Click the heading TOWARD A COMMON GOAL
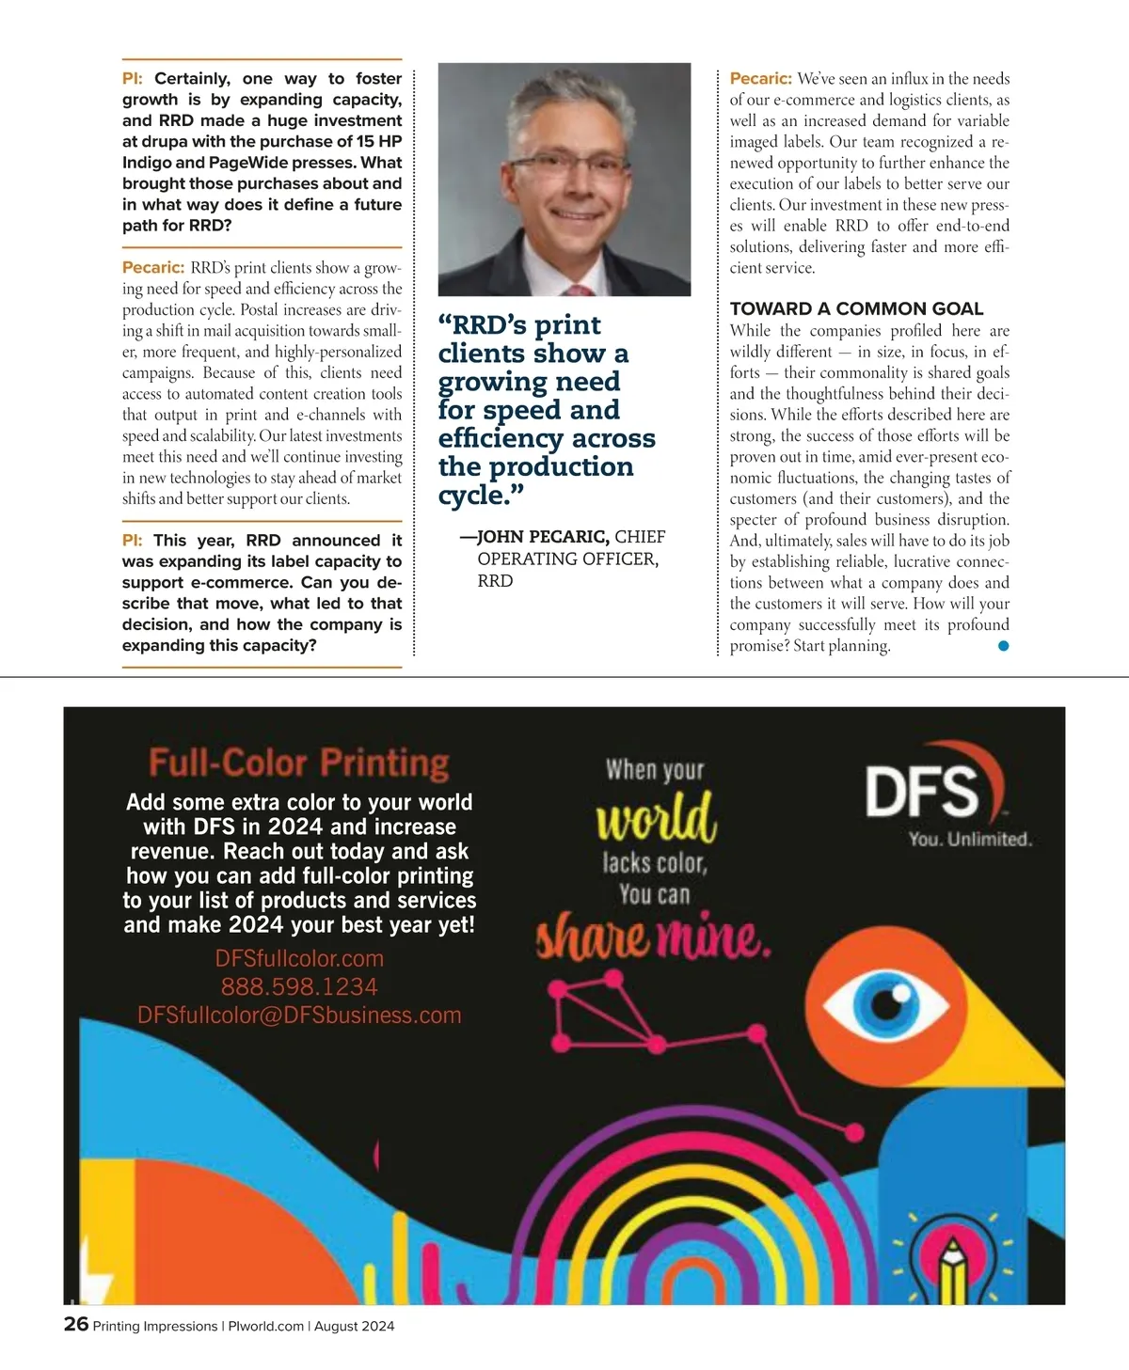click(856, 308)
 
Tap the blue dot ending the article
click(1003, 646)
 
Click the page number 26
click(75, 1324)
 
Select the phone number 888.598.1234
click(299, 986)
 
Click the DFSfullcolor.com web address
click(299, 958)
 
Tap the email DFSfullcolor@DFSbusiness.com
click(299, 1016)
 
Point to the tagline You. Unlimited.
click(970, 839)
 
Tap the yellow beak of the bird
click(1016, 1044)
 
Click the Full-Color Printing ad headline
click(299, 763)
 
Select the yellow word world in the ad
click(656, 817)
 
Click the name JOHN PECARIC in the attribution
click(543, 537)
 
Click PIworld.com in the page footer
click(266, 1326)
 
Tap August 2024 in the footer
click(354, 1326)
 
